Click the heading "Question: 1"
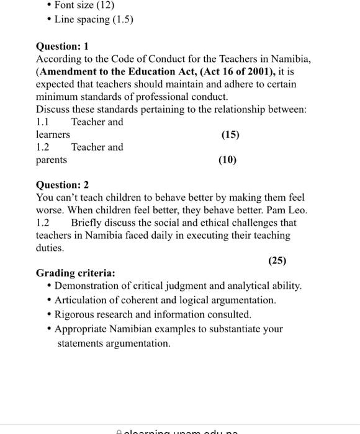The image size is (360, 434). [x=63, y=46]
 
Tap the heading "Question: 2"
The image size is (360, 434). [x=63, y=185]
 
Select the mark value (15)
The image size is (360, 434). [x=230, y=135]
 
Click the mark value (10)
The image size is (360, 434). [x=227, y=160]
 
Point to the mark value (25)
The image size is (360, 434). [x=277, y=260]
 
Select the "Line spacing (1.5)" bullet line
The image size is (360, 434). [x=94, y=19]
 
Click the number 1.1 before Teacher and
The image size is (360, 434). [x=43, y=122]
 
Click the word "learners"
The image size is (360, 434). [x=53, y=135]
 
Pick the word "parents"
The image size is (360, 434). [x=52, y=160]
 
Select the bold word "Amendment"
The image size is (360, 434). [x=68, y=71]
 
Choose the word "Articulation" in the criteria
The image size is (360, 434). [x=81, y=300]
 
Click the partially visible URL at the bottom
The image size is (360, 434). [x=180, y=430]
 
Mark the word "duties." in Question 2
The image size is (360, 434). [x=50, y=247]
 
